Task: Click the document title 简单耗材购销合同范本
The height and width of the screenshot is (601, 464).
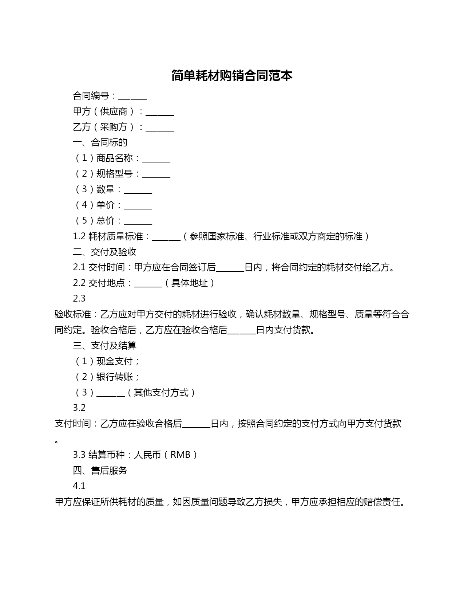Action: point(232,76)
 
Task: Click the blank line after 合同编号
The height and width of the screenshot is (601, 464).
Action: point(132,97)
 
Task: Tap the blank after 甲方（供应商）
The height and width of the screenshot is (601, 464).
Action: point(160,113)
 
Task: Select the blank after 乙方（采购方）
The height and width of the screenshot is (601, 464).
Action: point(160,128)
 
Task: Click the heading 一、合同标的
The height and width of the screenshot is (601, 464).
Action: point(100,142)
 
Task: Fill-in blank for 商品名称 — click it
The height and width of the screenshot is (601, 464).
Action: point(156,159)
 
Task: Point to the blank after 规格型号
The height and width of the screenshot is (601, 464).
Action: point(156,175)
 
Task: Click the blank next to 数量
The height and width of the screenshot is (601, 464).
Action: point(138,190)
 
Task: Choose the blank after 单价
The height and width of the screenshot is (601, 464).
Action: point(138,206)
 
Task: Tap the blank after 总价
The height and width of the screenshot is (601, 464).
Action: point(138,222)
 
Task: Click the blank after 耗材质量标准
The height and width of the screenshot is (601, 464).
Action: point(166,237)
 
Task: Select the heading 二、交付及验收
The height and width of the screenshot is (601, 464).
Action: point(105,252)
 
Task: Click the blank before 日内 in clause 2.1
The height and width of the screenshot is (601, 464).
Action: point(230,269)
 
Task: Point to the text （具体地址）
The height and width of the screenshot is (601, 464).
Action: point(190,283)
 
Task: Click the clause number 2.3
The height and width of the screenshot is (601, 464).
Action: point(79,299)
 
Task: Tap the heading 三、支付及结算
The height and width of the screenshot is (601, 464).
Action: point(105,345)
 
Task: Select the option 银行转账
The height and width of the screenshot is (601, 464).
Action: point(115,377)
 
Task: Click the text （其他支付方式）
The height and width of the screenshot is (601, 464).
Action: point(161,392)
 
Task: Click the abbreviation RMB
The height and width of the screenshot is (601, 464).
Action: point(181,455)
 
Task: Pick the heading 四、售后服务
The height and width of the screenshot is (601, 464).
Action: point(100,470)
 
